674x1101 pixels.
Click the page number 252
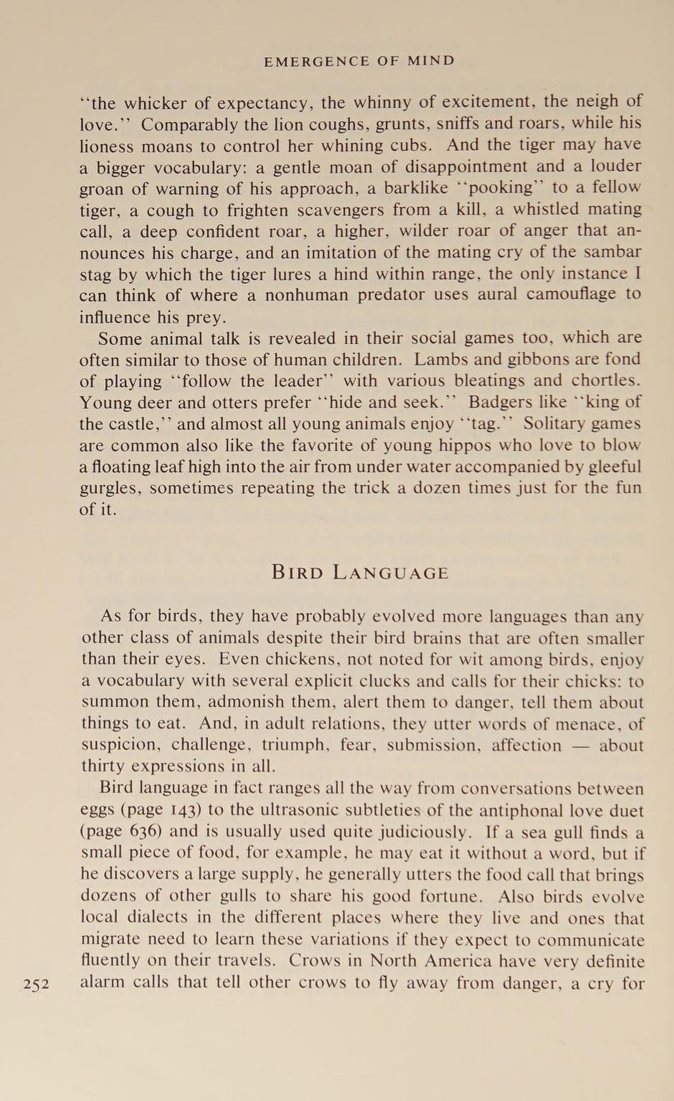click(x=36, y=984)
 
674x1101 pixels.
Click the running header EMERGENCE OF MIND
click(x=359, y=61)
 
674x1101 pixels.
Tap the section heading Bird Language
click(x=360, y=573)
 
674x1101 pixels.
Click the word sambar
click(x=615, y=252)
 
